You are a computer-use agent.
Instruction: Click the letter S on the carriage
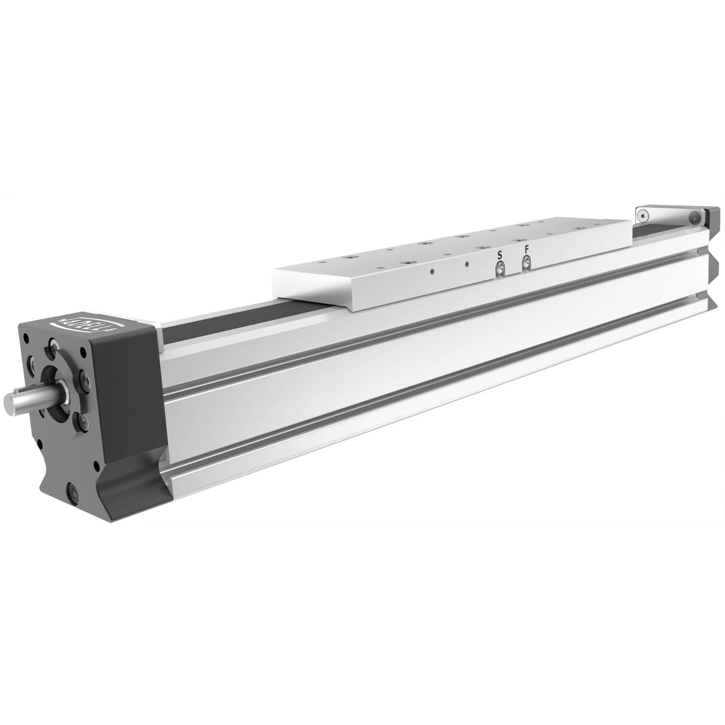click(x=500, y=255)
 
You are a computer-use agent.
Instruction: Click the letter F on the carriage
click(x=527, y=250)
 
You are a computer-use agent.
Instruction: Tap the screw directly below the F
click(x=526, y=262)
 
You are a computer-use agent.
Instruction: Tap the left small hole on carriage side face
click(x=433, y=271)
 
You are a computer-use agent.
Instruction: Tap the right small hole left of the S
click(x=467, y=264)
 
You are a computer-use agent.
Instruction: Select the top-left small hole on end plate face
click(x=26, y=338)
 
